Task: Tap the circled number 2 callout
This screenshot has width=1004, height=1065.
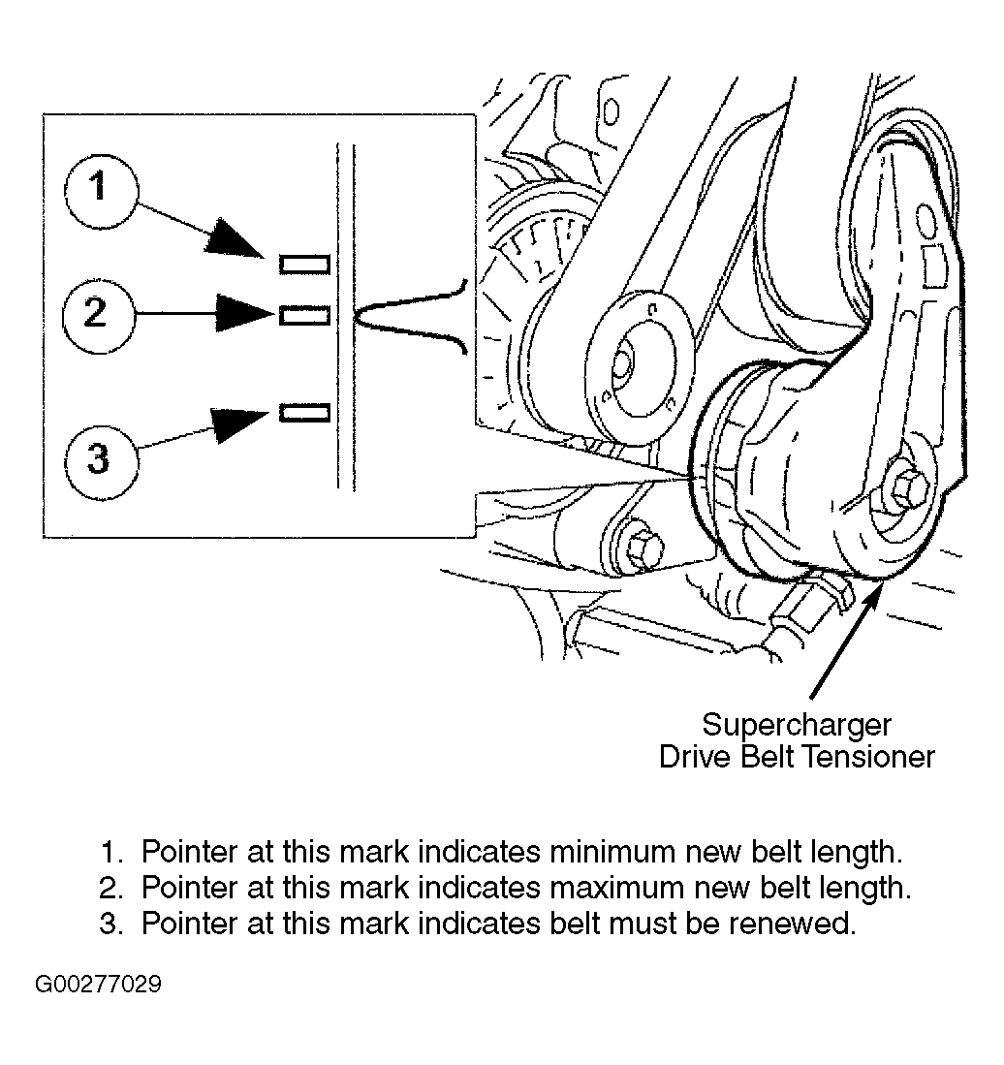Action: tap(97, 313)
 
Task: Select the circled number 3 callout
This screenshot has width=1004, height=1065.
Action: tap(100, 455)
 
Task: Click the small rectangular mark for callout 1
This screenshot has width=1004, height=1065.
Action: tap(304, 264)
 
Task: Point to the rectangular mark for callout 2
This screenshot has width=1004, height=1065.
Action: tap(304, 315)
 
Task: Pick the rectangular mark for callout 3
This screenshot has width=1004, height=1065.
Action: tap(304, 413)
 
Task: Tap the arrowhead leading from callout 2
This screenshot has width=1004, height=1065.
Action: tap(243, 313)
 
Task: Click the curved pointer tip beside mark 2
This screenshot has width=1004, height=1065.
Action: tap(360, 315)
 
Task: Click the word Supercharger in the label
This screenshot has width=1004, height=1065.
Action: tap(796, 724)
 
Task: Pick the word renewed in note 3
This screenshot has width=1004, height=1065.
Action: tap(799, 924)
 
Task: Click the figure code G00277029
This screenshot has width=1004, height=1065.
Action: tap(98, 986)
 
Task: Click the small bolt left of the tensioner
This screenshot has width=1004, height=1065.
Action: tap(640, 549)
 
